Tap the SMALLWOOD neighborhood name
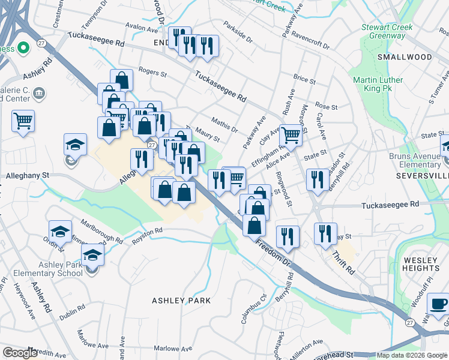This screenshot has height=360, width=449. (405, 57)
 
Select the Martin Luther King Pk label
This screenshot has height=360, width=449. (377, 85)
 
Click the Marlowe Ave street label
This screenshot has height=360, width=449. (173, 349)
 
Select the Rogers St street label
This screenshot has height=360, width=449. (152, 73)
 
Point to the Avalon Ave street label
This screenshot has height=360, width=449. (141, 27)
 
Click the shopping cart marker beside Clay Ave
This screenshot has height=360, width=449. (291, 136)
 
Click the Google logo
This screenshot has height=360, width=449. (20, 352)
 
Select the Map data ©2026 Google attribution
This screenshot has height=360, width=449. (411, 355)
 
